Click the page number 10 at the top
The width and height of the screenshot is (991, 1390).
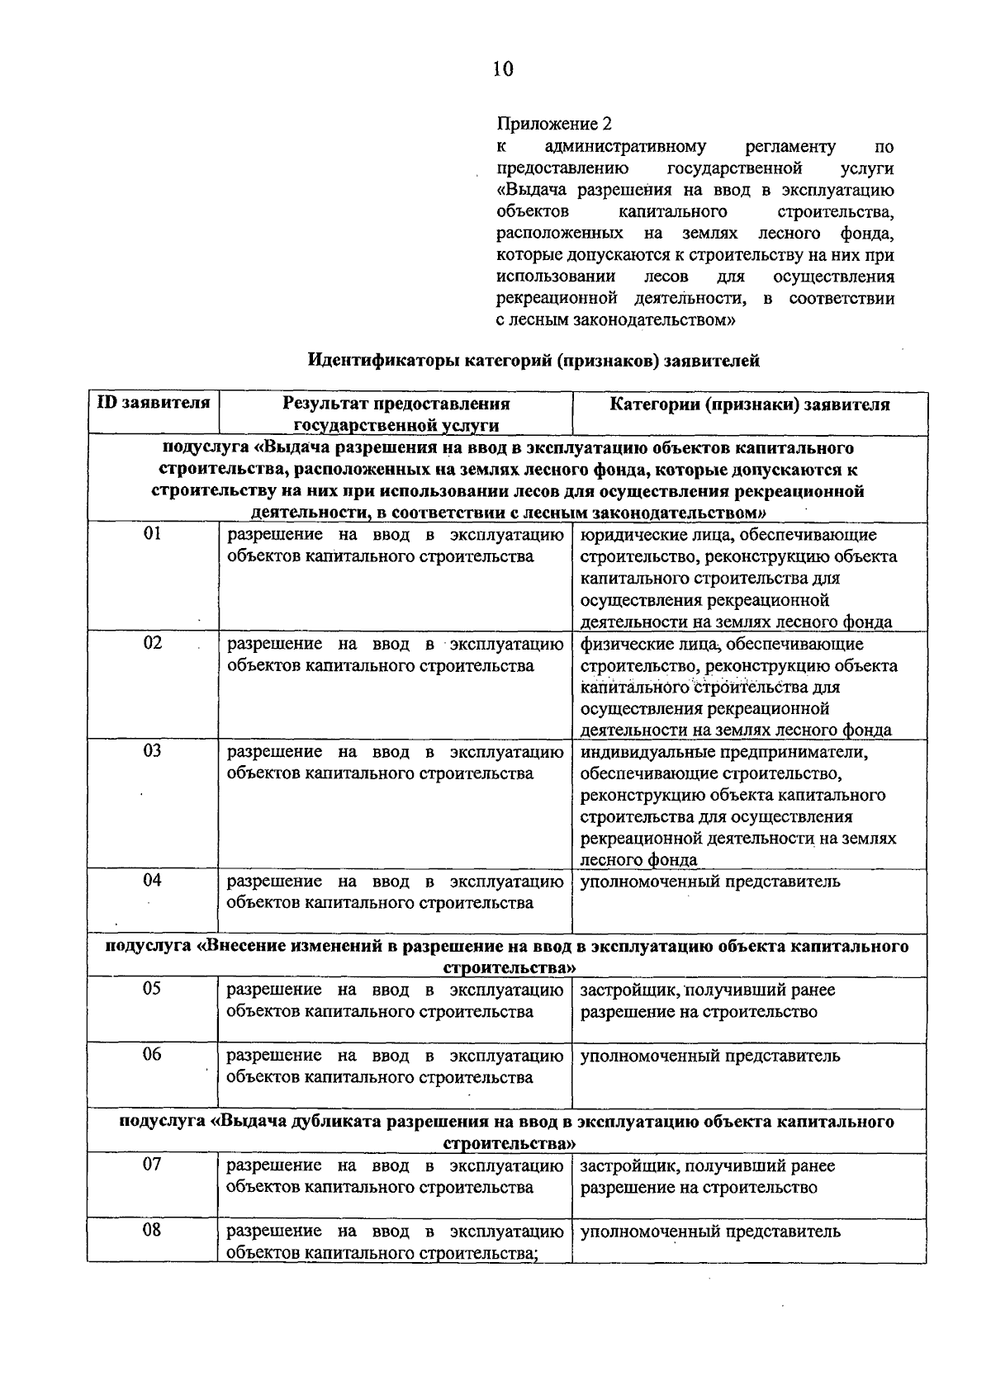pyautogui.click(x=503, y=69)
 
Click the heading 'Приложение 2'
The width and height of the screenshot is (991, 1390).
pyautogui.click(x=554, y=125)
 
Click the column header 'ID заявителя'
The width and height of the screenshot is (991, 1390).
pyautogui.click(x=153, y=404)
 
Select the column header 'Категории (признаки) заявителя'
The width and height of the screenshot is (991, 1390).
pyautogui.click(x=749, y=404)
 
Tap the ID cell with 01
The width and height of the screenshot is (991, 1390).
pyautogui.click(x=152, y=534)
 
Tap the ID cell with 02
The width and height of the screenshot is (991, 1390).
pyautogui.click(x=152, y=643)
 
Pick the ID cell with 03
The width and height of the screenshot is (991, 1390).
pyautogui.click(x=152, y=751)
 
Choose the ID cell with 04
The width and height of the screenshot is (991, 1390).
pyautogui.click(x=152, y=881)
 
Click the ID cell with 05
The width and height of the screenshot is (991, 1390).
pyautogui.click(x=152, y=989)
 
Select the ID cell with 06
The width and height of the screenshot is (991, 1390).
pyautogui.click(x=152, y=1055)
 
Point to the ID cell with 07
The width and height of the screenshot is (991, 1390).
pyautogui.click(x=152, y=1165)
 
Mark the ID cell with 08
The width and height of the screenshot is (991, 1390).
pyautogui.click(x=152, y=1231)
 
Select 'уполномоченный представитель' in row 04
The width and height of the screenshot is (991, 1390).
pyautogui.click(x=710, y=882)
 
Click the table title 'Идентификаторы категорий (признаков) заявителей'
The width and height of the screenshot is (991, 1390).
pyautogui.click(x=533, y=361)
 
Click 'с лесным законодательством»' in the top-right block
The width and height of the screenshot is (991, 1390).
pyautogui.click(x=615, y=319)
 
